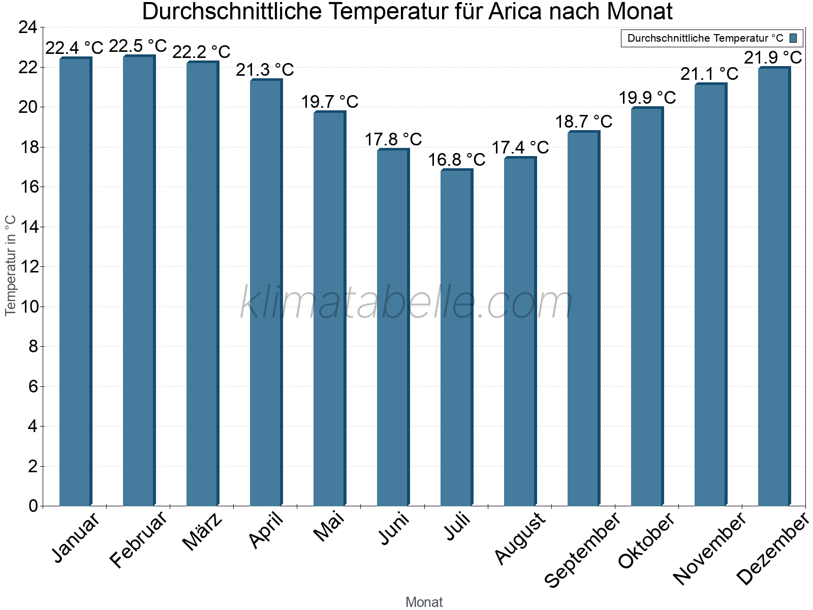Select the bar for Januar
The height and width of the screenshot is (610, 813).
(x=75, y=282)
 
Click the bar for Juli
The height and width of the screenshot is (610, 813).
(x=456, y=338)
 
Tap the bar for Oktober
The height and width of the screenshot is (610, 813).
(x=647, y=307)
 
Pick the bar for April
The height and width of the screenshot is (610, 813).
(x=266, y=293)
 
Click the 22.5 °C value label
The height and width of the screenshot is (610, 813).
(x=138, y=46)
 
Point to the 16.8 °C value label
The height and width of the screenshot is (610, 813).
(x=456, y=160)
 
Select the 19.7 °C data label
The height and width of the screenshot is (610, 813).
(x=329, y=102)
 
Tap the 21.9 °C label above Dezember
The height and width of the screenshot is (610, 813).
(x=773, y=58)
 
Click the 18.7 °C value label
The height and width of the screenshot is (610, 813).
(x=583, y=122)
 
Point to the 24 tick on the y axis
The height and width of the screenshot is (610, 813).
(x=28, y=27)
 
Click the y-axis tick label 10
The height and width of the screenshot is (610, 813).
(x=28, y=307)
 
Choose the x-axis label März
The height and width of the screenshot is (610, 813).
(x=203, y=531)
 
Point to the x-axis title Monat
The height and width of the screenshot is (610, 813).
(x=424, y=602)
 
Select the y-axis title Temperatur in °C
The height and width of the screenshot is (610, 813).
(x=11, y=265)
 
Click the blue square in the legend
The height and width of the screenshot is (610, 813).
(x=793, y=38)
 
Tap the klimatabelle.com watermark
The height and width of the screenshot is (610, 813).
(x=407, y=303)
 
